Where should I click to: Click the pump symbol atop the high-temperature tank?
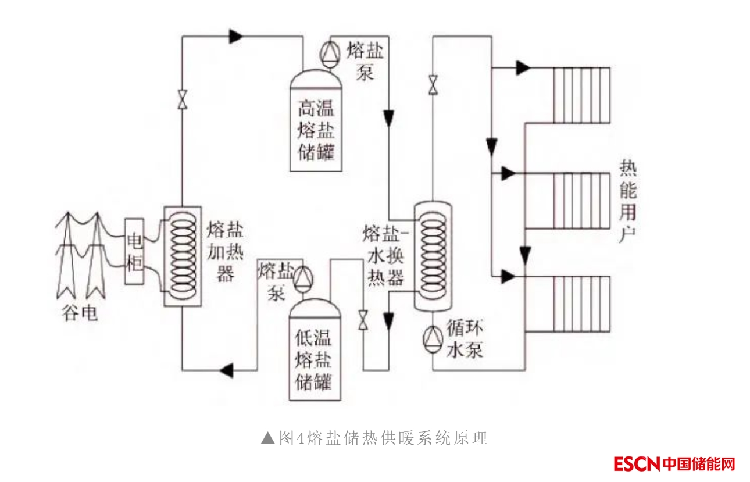(x=331, y=53)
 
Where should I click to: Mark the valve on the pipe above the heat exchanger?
(x=433, y=85)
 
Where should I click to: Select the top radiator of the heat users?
(x=581, y=95)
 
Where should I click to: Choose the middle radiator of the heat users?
(x=581, y=201)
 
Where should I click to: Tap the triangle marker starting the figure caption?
(x=268, y=438)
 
